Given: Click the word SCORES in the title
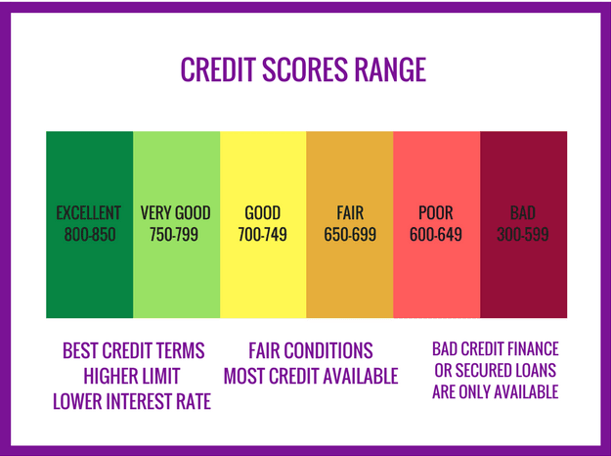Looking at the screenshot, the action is [x=304, y=69].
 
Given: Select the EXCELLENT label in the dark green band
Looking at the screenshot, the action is [x=88, y=213].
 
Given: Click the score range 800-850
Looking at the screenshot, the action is [x=90, y=235].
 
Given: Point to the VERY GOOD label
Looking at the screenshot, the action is [x=175, y=213].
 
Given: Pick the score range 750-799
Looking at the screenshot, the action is [x=174, y=235].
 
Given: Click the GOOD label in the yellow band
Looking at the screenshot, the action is [x=262, y=213].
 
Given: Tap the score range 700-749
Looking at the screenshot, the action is [x=262, y=235].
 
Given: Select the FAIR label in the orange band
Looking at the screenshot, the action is [x=350, y=213].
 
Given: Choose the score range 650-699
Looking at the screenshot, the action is [x=350, y=235].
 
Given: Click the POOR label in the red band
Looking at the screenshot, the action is [x=436, y=213].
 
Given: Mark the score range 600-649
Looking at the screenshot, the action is [x=436, y=235].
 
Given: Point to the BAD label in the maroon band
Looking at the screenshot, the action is [x=523, y=213].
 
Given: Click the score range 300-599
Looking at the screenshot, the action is [x=523, y=235].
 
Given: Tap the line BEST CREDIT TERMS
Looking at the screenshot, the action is [x=134, y=350].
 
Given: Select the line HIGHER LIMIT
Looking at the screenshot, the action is [x=132, y=376].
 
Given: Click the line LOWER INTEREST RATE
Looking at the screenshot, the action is [x=132, y=401].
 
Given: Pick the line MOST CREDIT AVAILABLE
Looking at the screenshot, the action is [x=311, y=376].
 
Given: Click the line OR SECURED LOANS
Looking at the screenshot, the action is [x=496, y=370].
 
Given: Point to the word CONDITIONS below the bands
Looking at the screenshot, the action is [x=328, y=350].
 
